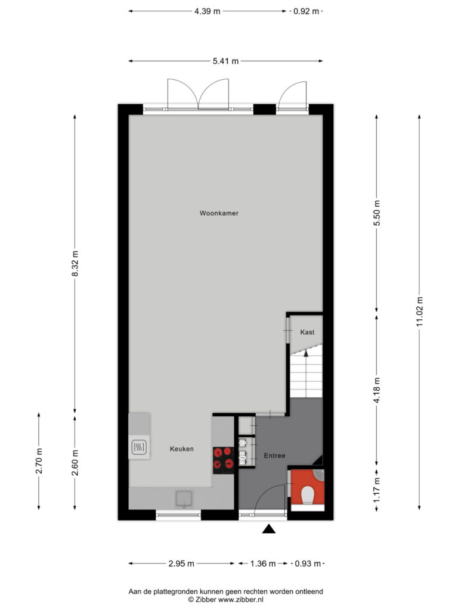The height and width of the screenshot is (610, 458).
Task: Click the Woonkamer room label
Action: pyautogui.click(x=219, y=213)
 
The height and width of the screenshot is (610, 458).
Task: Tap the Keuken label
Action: pyautogui.click(x=181, y=449)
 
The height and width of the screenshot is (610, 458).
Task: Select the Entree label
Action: pyautogui.click(x=274, y=456)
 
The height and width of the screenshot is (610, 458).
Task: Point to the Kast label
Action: pyautogui.click(x=307, y=332)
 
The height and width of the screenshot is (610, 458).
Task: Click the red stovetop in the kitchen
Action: pyautogui.click(x=223, y=460)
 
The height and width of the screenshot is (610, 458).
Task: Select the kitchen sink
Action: pyautogui.click(x=184, y=499)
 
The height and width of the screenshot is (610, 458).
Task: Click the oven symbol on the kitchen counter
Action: pyautogui.click(x=140, y=447)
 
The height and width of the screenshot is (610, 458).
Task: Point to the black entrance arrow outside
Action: pyautogui.click(x=269, y=529)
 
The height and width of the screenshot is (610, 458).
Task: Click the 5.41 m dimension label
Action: pyautogui.click(x=225, y=61)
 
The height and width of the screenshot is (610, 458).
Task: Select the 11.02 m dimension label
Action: pyautogui.click(x=419, y=312)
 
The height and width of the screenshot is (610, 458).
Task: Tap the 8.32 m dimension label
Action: pyautogui.click(x=75, y=264)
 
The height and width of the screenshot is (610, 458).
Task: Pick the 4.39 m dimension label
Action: pyautogui.click(x=208, y=11)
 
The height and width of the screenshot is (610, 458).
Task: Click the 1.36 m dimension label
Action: pyautogui.click(x=263, y=564)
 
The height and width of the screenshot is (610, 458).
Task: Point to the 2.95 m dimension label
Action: pyautogui.click(x=181, y=564)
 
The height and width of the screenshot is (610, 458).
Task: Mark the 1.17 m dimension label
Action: pyautogui.click(x=377, y=490)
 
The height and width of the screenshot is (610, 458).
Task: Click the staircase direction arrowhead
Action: pyautogui.click(x=306, y=353)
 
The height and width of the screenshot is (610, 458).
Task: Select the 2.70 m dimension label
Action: pyautogui.click(x=39, y=461)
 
